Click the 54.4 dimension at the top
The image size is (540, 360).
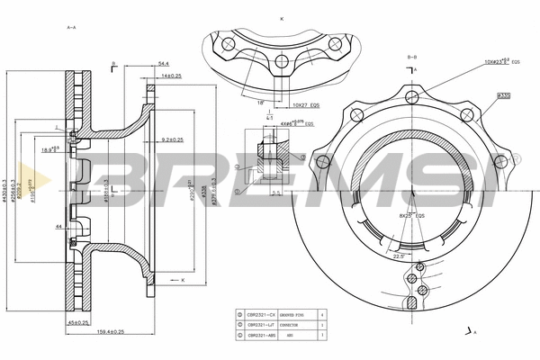[x=163, y=64]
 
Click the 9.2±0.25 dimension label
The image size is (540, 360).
[x=171, y=139]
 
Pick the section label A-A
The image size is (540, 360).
[x=71, y=28]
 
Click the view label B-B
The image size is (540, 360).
[x=412, y=57]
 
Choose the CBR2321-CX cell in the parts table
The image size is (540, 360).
[x=260, y=314]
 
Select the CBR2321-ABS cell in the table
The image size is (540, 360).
[x=260, y=334]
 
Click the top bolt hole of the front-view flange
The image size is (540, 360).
[x=412, y=91]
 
